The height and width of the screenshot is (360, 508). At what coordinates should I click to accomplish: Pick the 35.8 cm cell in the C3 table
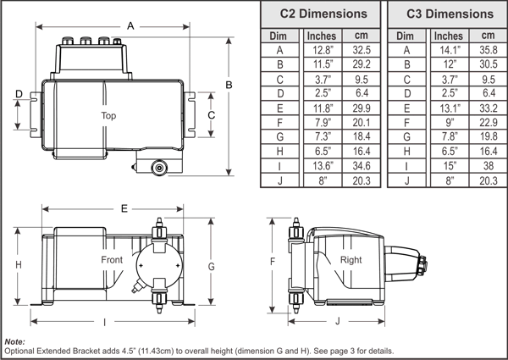coord(488,50)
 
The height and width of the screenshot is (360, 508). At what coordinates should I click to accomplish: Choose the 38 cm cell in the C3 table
coord(488,165)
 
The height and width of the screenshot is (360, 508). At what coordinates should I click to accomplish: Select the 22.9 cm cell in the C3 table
coord(488,122)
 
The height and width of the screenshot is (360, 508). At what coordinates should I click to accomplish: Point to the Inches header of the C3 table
coord(449,36)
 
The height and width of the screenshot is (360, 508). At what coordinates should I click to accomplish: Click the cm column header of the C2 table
coord(362,36)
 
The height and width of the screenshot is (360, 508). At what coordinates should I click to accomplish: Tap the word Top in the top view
coord(108,115)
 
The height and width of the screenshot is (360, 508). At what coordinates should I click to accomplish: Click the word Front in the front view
coord(112,259)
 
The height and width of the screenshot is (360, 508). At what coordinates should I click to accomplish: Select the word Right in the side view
coord(351,259)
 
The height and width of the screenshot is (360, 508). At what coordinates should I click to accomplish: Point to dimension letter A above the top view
coord(130,26)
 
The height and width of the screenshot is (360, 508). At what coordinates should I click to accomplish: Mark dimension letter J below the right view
coord(338,321)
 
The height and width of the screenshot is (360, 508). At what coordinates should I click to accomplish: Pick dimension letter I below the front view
coord(104,322)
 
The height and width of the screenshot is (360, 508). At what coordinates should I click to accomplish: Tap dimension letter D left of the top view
coord(19,94)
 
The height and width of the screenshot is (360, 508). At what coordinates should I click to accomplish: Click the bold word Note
coord(14,341)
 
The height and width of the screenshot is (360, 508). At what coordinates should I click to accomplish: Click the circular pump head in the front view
coord(155,263)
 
